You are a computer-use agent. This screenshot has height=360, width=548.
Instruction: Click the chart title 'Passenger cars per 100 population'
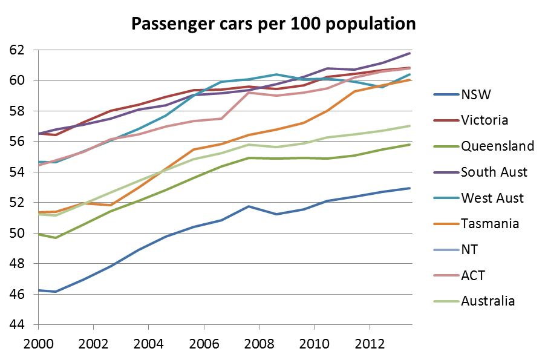tap(274, 24)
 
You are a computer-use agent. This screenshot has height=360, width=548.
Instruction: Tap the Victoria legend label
tap(484, 120)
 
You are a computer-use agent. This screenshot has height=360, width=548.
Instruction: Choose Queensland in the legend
tap(497, 146)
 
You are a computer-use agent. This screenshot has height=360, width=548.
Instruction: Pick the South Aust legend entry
tap(494, 172)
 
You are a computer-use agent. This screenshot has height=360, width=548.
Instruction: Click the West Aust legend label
tap(492, 198)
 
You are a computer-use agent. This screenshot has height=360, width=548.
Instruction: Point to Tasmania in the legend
tap(490, 224)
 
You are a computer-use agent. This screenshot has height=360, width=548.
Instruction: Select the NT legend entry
tap(469, 250)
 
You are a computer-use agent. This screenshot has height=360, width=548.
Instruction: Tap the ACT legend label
tap(472, 276)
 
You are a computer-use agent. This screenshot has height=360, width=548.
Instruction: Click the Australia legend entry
tap(488, 301)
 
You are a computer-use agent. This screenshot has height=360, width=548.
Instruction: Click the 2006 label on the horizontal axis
tap(203, 342)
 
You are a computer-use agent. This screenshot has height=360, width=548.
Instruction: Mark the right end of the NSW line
tap(409, 188)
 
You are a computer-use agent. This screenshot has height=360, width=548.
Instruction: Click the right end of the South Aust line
tap(409, 53)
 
